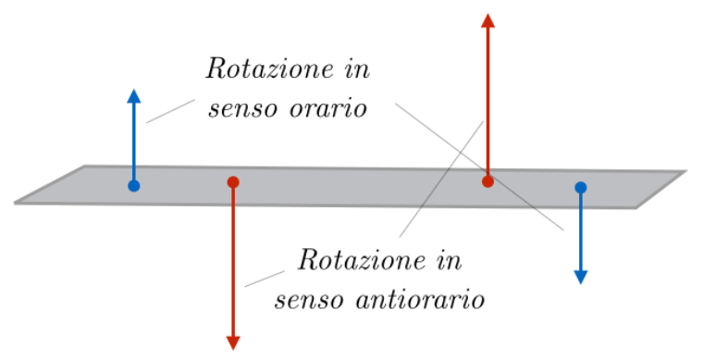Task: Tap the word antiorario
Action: [435, 300]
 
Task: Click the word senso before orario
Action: [242, 109]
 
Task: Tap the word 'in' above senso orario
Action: [355, 69]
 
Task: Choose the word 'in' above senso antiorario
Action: [447, 259]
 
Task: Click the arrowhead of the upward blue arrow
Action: [134, 96]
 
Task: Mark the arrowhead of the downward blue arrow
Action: [581, 276]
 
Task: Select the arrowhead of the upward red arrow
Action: [487, 20]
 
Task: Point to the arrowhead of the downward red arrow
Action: [233, 342]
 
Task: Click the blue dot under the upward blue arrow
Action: [134, 186]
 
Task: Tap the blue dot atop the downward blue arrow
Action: [581, 188]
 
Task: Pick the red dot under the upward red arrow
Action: [487, 181]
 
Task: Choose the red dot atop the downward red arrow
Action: [233, 182]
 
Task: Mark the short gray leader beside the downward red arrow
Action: [264, 279]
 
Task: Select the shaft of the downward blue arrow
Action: [581, 231]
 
